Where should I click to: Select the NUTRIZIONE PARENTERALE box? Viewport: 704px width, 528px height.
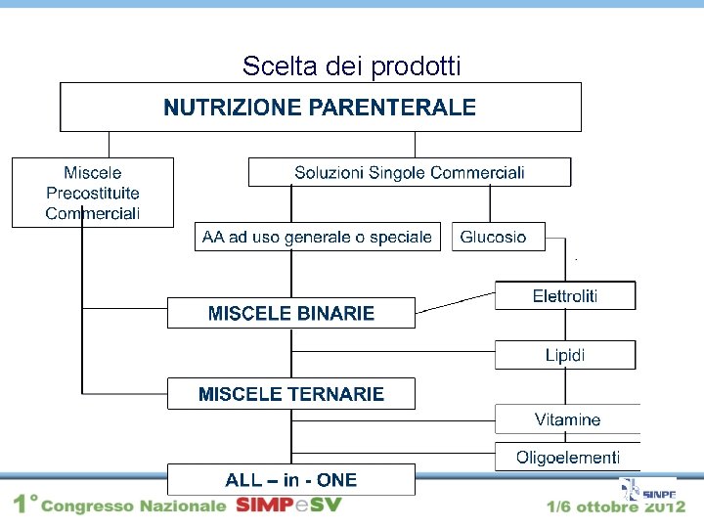tap(321, 108)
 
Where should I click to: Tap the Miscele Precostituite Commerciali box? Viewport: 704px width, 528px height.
tap(93, 192)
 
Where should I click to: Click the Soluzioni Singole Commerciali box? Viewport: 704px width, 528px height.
tap(410, 172)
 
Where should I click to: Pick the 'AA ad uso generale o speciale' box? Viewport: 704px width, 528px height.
tap(317, 237)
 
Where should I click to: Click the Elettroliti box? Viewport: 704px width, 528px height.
tap(565, 295)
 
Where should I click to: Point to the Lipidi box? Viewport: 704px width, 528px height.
tap(565, 355)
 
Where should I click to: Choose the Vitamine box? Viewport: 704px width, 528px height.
tap(567, 419)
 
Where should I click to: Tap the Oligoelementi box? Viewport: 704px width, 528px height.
tap(567, 457)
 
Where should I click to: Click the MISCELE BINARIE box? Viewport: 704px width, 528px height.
tap(291, 313)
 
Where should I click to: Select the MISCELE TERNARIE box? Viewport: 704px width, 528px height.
tap(291, 394)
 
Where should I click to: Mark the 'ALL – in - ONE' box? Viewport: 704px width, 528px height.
tap(291, 479)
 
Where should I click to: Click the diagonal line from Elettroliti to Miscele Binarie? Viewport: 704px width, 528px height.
tap(456, 301)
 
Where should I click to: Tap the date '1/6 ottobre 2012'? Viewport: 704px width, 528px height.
tap(615, 506)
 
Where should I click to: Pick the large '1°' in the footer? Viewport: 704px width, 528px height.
tap(24, 505)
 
